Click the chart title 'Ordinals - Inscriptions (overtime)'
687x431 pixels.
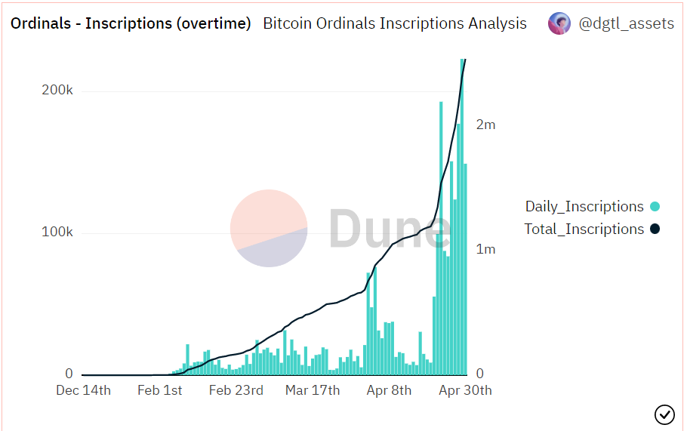click(131, 23)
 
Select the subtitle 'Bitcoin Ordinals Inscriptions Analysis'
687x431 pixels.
click(395, 23)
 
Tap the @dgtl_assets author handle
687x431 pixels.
click(626, 23)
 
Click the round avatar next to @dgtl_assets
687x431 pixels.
click(559, 23)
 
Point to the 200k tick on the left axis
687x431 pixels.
click(57, 91)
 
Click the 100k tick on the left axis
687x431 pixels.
click(57, 232)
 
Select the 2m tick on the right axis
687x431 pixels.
click(485, 125)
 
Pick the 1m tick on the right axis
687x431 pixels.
click(485, 249)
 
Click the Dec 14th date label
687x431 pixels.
click(84, 390)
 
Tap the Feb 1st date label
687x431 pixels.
click(159, 390)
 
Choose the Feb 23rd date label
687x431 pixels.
click(236, 390)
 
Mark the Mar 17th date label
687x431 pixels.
click(313, 390)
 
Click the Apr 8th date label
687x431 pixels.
click(389, 390)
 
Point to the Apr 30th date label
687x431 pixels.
click(465, 390)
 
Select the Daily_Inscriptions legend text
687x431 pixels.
click(584, 206)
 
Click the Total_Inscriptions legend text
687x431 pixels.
click(584, 229)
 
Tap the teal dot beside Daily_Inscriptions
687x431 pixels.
click(655, 206)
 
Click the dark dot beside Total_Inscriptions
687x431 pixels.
click(655, 229)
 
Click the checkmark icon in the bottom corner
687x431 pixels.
click(664, 414)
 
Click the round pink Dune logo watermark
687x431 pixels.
click(269, 228)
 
